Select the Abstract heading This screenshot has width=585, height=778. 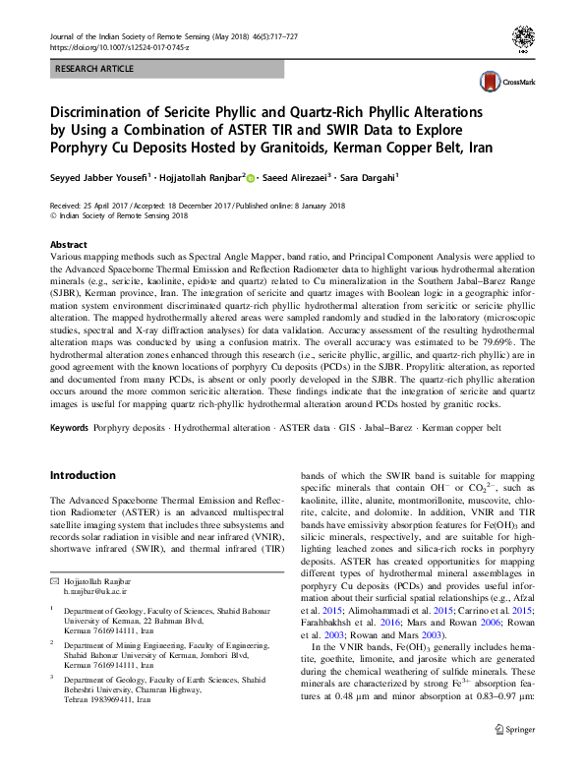pyautogui.click(x=67, y=244)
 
